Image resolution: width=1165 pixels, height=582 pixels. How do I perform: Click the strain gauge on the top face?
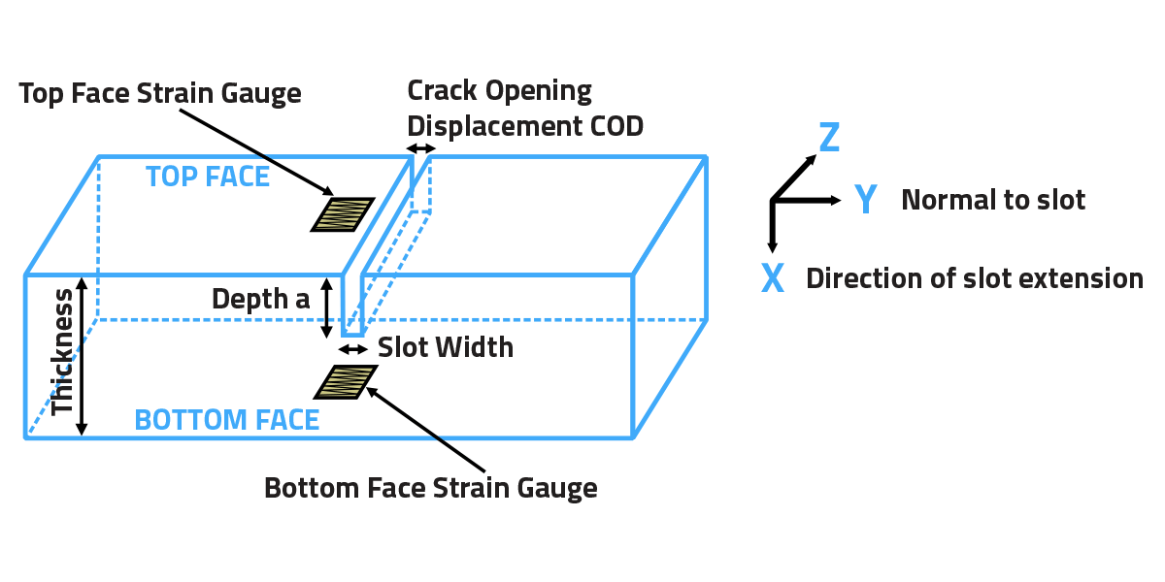pyautogui.click(x=343, y=214)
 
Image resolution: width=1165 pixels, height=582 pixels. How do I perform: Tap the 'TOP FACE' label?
pyautogui.click(x=208, y=177)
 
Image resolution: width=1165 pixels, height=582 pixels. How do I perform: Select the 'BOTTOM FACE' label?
pyautogui.click(x=226, y=420)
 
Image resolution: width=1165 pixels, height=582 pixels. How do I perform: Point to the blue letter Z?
pyautogui.click(x=828, y=139)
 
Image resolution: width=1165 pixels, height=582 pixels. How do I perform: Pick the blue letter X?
pyautogui.click(x=772, y=279)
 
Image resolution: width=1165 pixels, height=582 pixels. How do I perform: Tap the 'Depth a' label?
pyautogui.click(x=260, y=299)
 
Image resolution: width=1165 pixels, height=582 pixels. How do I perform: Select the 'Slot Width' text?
pyautogui.click(x=445, y=347)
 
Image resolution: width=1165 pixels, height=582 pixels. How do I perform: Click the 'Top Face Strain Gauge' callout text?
pyautogui.click(x=160, y=94)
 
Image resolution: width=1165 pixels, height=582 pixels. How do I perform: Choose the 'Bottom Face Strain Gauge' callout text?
pyautogui.click(x=430, y=488)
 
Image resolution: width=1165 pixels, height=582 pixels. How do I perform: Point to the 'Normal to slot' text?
pyautogui.click(x=993, y=200)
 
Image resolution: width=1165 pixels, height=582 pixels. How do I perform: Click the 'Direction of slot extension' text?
pyautogui.click(x=975, y=279)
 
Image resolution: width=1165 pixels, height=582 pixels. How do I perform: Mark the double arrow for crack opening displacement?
pyautogui.click(x=420, y=148)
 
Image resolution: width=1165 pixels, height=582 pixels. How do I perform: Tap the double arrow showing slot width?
pyautogui.click(x=352, y=348)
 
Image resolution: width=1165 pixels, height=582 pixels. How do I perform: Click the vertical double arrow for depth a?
pyautogui.click(x=328, y=307)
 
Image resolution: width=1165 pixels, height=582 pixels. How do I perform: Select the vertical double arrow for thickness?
pyautogui.click(x=83, y=356)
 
